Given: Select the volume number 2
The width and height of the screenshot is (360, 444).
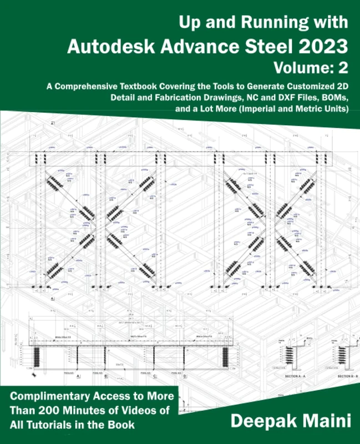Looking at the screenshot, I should [343, 68].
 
